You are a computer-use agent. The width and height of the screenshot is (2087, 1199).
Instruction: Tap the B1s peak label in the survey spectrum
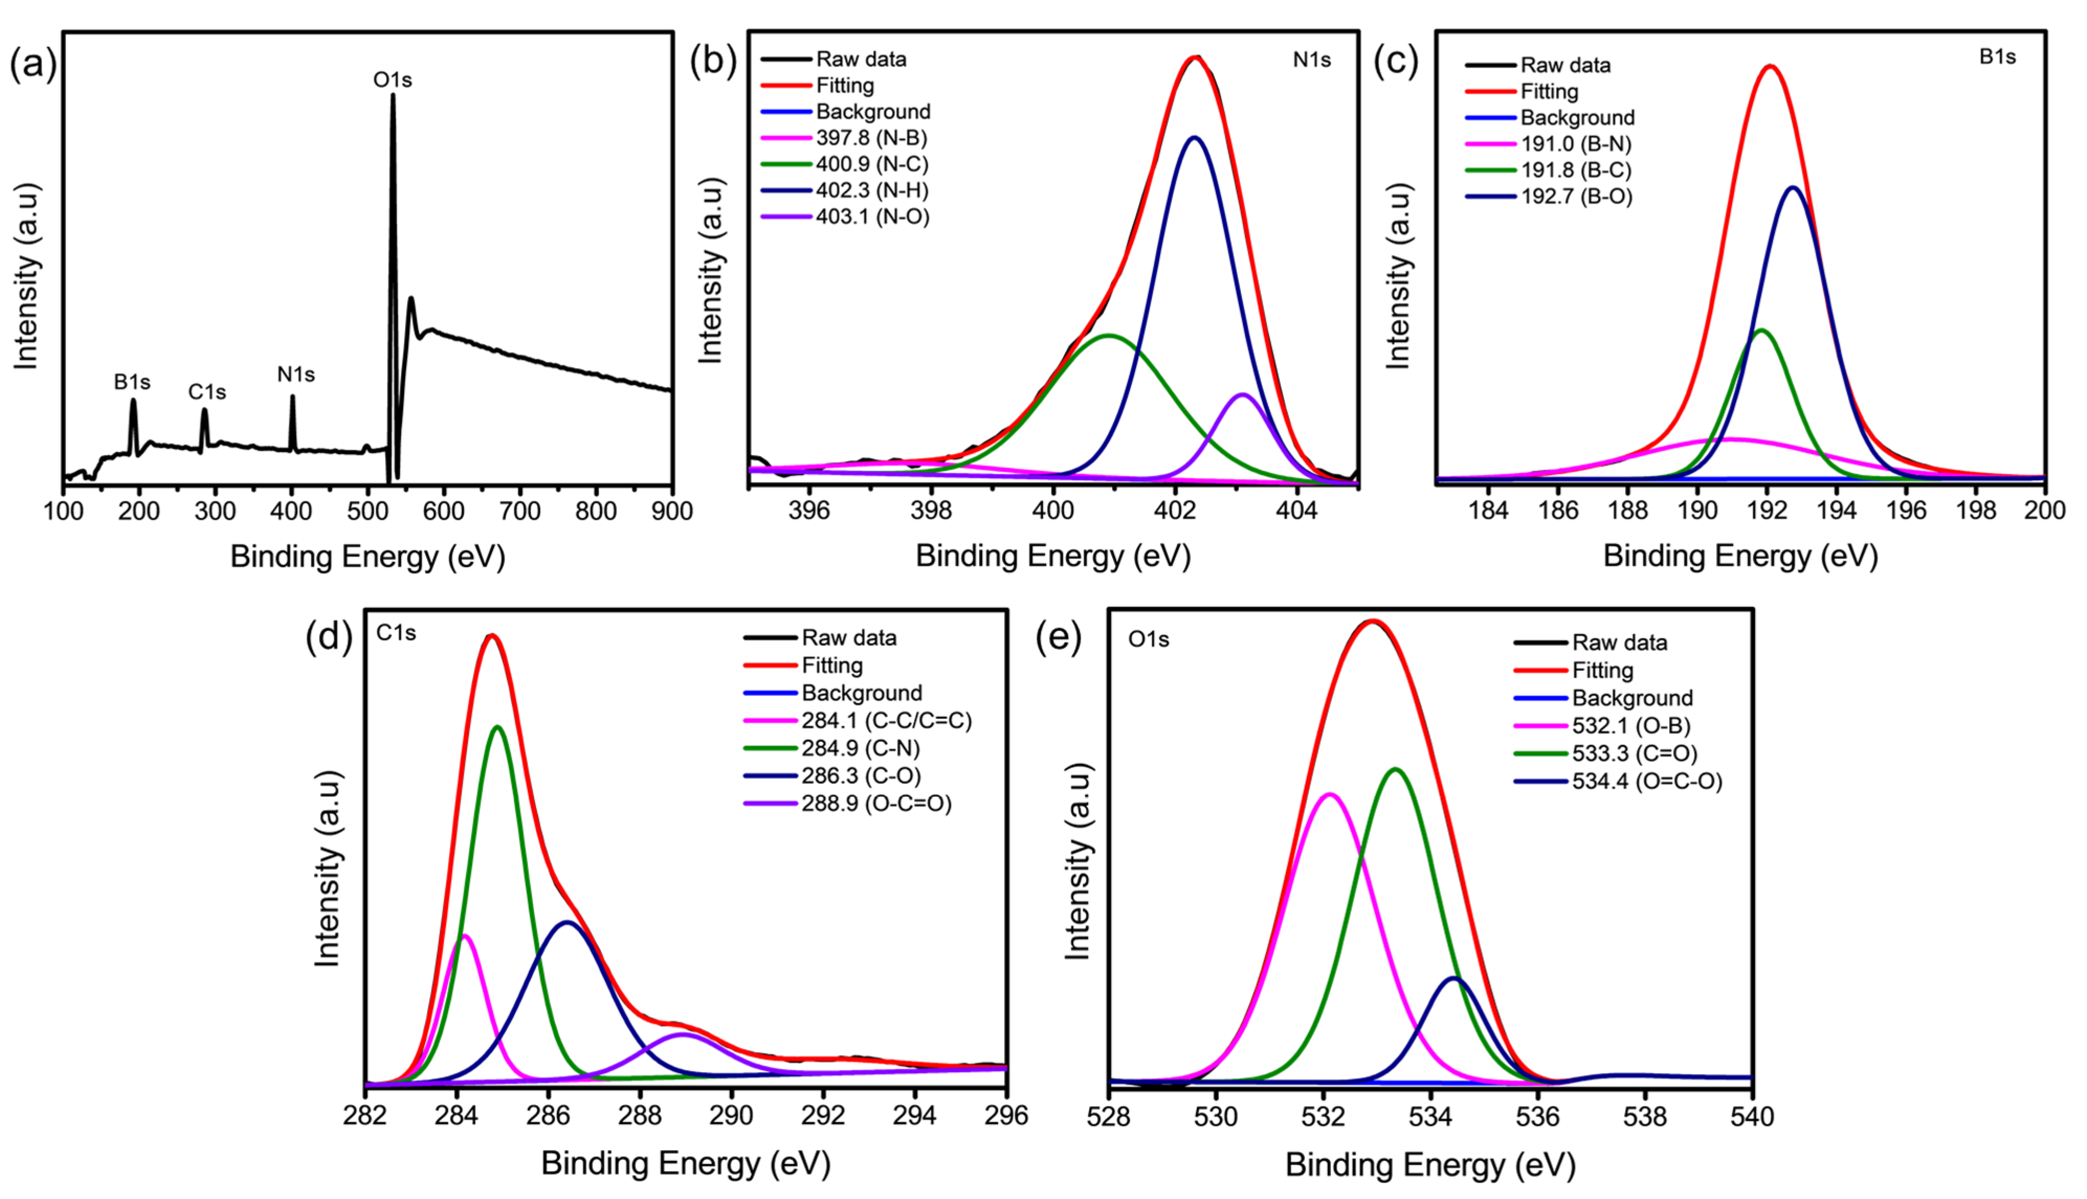pyautogui.click(x=132, y=382)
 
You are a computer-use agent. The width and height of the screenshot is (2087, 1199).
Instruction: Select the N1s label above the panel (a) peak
pyautogui.click(x=295, y=375)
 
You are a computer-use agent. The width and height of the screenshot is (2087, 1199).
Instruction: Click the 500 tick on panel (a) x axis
pyautogui.click(x=367, y=512)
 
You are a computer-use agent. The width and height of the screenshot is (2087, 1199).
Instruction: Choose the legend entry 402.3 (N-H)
pyautogui.click(x=871, y=190)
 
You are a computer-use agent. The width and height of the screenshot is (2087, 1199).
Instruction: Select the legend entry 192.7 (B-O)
pyautogui.click(x=1576, y=196)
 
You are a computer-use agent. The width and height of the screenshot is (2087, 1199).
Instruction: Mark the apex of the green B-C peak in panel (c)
pyautogui.click(x=1762, y=330)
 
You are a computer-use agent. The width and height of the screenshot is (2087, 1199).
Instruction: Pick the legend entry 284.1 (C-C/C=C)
pyautogui.click(x=886, y=720)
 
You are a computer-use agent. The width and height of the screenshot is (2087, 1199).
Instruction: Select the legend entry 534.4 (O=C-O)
pyautogui.click(x=1647, y=781)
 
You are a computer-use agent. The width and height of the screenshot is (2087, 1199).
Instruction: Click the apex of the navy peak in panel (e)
pyautogui.click(x=1454, y=978)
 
